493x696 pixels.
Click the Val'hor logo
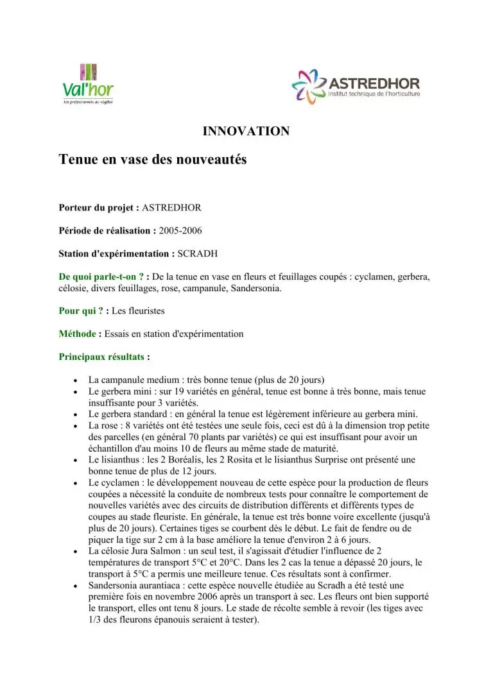click(88, 84)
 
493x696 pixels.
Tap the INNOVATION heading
click(246, 132)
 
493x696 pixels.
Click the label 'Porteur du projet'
click(98, 208)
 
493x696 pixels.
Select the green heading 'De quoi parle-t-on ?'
click(101, 276)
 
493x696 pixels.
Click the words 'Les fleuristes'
click(138, 310)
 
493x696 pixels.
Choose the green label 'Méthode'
click(78, 334)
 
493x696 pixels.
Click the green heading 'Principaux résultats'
click(101, 357)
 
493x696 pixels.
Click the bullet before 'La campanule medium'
click(77, 380)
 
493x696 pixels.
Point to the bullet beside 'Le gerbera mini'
click(77, 391)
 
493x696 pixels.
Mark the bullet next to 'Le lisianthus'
click(77, 461)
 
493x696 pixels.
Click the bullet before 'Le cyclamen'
click(77, 483)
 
